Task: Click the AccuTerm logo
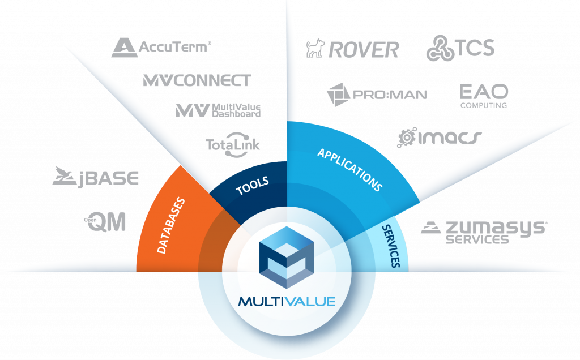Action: tap(161, 48)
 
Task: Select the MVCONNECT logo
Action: tap(197, 80)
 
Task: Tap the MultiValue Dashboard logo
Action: tap(218, 110)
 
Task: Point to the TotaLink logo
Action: tap(233, 144)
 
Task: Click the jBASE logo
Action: tap(95, 177)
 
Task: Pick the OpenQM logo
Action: tap(105, 222)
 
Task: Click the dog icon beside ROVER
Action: tap(315, 49)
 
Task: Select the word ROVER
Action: tap(364, 50)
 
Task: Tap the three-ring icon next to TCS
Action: tap(440, 48)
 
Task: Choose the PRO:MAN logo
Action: tap(377, 95)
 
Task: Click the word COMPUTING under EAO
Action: tap(484, 105)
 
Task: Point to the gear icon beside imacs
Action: tap(407, 138)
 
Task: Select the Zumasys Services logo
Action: tap(484, 233)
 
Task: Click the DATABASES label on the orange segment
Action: tap(171, 225)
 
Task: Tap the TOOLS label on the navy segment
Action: tap(252, 186)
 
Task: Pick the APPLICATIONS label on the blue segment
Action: tap(349, 170)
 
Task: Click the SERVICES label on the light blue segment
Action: tap(391, 246)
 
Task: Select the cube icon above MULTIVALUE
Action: tap(287, 257)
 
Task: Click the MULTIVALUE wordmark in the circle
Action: tap(287, 302)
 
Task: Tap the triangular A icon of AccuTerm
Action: tap(124, 48)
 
